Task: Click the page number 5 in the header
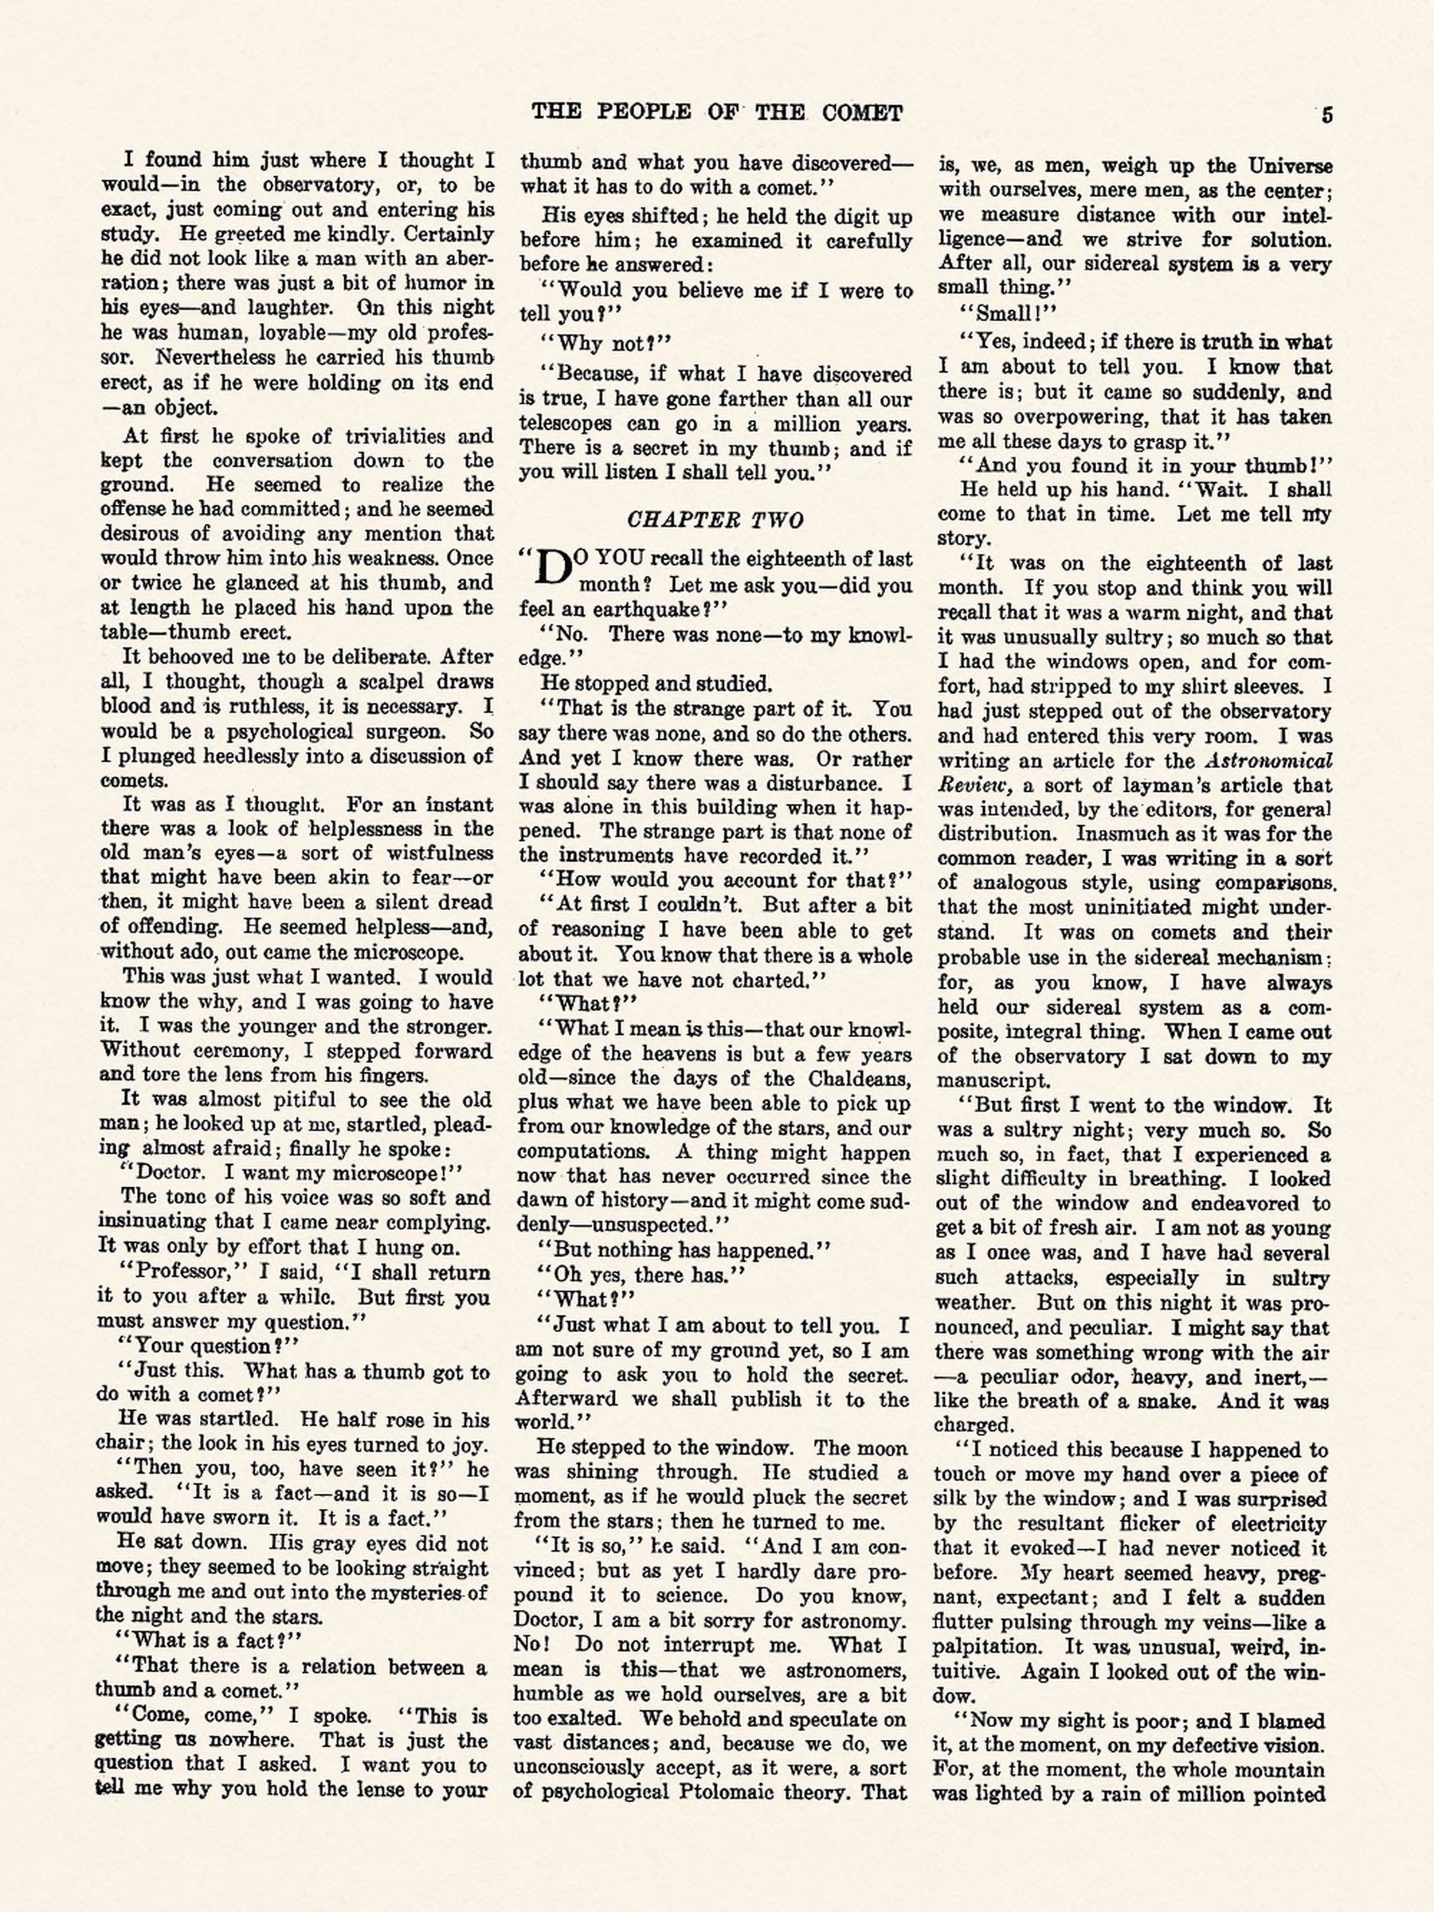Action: (1326, 115)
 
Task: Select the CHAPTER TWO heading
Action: (715, 519)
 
